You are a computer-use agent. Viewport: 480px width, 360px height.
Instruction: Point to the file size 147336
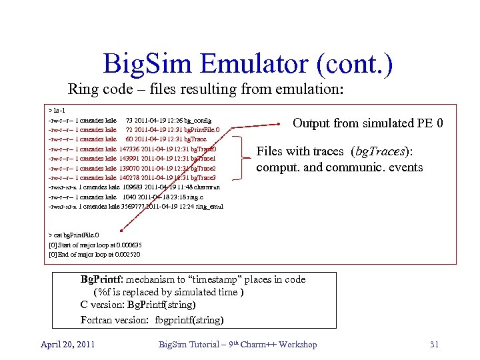coord(130,149)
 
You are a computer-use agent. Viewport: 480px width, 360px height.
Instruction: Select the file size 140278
coord(130,178)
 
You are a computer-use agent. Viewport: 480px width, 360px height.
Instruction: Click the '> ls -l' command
coord(57,110)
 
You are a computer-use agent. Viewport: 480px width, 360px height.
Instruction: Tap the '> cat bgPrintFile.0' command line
coord(74,235)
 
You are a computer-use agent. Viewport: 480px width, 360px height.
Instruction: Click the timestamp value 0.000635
coord(129,245)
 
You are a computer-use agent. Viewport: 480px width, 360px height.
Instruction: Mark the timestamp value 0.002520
coord(127,254)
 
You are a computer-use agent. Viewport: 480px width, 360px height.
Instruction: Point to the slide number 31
coord(434,344)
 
